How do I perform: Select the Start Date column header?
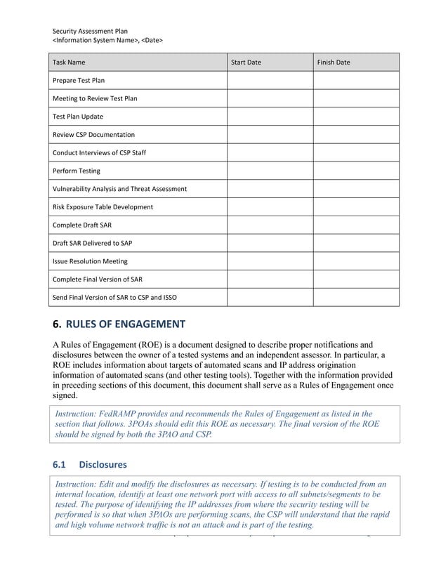[x=246, y=62]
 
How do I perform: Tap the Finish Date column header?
[x=334, y=62]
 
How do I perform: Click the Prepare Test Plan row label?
[x=79, y=81]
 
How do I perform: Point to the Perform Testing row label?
[x=77, y=171]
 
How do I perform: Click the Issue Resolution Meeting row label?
[x=91, y=261]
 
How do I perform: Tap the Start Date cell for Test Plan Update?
[x=269, y=117]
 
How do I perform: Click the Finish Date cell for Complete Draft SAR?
[x=355, y=225]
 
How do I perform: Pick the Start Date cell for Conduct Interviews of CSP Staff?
[x=269, y=152]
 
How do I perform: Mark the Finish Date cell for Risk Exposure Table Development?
[x=355, y=207]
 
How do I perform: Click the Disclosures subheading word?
[x=103, y=464]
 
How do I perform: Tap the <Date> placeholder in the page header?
[x=152, y=41]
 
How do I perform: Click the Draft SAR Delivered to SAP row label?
[x=93, y=243]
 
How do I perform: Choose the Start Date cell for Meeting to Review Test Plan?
[x=269, y=98]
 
